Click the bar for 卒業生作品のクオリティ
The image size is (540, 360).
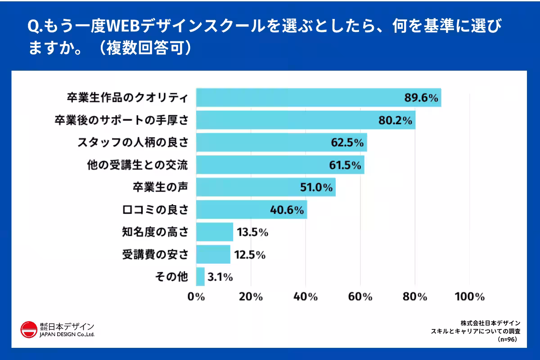(x=297, y=98)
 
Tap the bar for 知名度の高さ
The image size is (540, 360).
(x=215, y=232)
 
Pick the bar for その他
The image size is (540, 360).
(x=201, y=277)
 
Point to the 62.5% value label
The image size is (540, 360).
(x=346, y=143)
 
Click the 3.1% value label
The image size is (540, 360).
(x=220, y=277)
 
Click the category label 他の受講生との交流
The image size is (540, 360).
(x=137, y=165)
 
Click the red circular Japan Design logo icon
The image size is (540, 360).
(x=29, y=329)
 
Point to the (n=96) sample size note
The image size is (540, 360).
(x=507, y=340)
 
